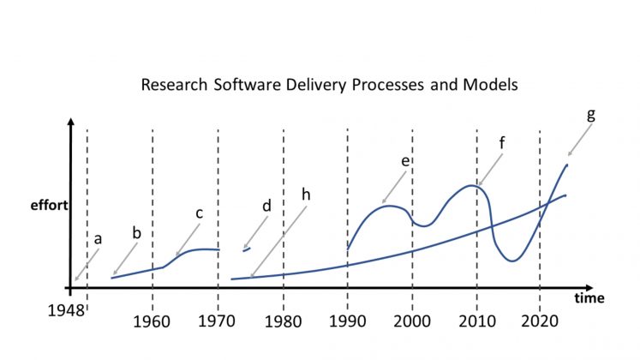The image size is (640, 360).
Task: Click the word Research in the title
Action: [x=174, y=85]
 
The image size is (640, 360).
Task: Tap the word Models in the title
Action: [x=490, y=85]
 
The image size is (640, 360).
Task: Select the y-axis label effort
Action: [x=50, y=205]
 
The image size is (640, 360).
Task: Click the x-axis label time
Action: [x=589, y=298]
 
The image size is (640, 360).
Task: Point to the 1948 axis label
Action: [x=66, y=310]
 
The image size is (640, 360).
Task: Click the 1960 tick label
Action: [x=152, y=321]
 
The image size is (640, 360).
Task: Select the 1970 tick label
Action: [x=216, y=321]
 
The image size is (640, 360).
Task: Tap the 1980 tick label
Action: [x=283, y=321]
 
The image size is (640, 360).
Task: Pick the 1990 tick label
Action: [x=347, y=321]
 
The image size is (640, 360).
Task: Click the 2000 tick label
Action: [x=412, y=321]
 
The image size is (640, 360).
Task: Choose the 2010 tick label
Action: [x=477, y=321]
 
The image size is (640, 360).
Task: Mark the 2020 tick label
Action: [x=540, y=321]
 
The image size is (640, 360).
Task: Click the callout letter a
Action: [x=98, y=239]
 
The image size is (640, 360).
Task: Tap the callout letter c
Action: [x=199, y=213]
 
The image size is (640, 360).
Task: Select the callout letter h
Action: [x=306, y=195]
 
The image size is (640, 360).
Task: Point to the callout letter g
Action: [x=590, y=116]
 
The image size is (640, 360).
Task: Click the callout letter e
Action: [x=405, y=161]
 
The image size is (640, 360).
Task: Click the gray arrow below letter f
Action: [x=490, y=170]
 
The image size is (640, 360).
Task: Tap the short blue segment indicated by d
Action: [x=247, y=249]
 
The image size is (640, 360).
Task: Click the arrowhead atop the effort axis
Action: [x=71, y=122]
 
